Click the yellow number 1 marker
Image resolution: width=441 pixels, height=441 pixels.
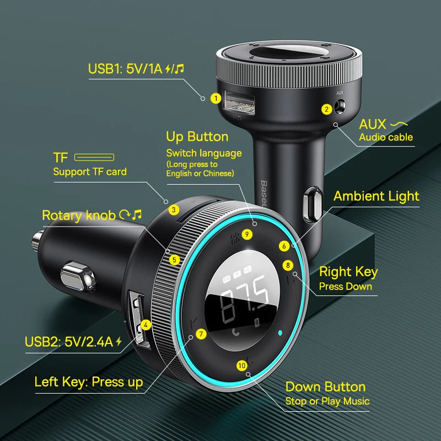pos(216,99)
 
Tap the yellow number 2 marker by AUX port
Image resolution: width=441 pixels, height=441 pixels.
pos(326,109)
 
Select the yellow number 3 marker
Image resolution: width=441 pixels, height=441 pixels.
pos(174,210)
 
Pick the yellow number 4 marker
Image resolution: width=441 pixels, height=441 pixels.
pos(146,325)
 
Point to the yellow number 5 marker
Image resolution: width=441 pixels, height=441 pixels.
pos(174,260)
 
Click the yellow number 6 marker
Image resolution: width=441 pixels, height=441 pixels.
pos(284,246)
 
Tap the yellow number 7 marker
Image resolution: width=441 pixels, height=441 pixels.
pos(201,334)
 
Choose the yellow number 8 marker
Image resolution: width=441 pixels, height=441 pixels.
pos(288,265)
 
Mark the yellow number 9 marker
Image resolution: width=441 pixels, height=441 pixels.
pos(247,234)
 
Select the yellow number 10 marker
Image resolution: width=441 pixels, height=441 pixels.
pos(242,365)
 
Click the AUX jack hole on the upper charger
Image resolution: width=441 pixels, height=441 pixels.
pos(340,107)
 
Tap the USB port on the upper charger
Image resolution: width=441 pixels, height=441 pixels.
pos(239,103)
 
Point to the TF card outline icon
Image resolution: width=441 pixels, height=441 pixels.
pos(94,157)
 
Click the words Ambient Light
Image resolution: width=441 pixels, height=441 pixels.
pos(377,196)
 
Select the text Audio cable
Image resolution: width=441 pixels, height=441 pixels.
pos(386,137)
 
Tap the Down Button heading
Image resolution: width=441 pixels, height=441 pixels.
pos(325,387)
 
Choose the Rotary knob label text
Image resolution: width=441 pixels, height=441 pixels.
pos(79,216)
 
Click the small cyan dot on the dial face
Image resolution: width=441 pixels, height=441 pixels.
pos(280,333)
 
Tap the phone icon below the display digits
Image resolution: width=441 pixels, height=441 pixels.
pos(236,332)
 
